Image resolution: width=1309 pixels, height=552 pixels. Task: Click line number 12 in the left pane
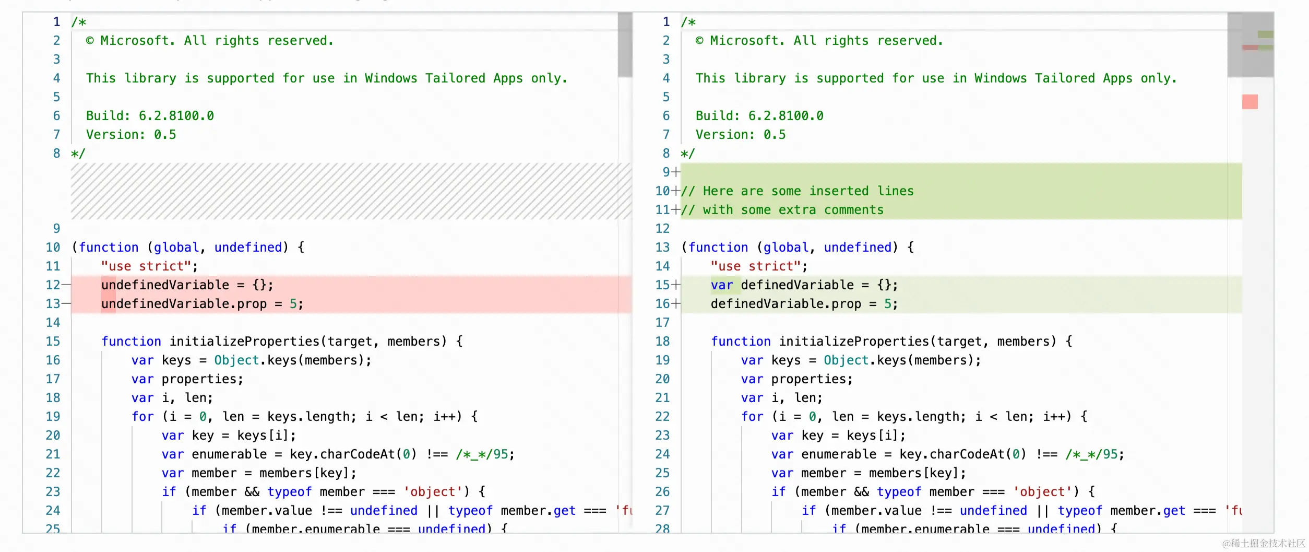tap(53, 285)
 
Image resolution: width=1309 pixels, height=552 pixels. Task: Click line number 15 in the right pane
tap(662, 285)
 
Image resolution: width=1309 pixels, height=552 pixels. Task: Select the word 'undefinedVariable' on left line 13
tap(165, 304)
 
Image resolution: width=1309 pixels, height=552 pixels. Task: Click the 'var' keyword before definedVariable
tap(722, 285)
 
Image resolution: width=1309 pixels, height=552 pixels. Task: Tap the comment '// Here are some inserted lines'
tap(797, 191)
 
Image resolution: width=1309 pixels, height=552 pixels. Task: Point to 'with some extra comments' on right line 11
tap(793, 210)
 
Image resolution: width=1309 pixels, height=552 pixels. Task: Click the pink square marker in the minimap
tap(1249, 101)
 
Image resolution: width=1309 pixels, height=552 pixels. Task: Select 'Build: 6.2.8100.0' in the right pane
tap(759, 116)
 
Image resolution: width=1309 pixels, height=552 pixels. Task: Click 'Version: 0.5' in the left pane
tap(131, 135)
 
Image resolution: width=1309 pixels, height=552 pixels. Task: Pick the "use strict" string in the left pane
tap(146, 266)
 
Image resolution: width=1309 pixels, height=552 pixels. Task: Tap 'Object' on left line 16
tap(236, 360)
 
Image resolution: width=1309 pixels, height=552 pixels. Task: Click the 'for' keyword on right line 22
tap(752, 417)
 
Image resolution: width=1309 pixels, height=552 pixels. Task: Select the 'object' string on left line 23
tap(433, 492)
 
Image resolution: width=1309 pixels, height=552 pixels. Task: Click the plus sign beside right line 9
tap(676, 172)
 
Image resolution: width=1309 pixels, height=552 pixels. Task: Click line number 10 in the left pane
tap(53, 248)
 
